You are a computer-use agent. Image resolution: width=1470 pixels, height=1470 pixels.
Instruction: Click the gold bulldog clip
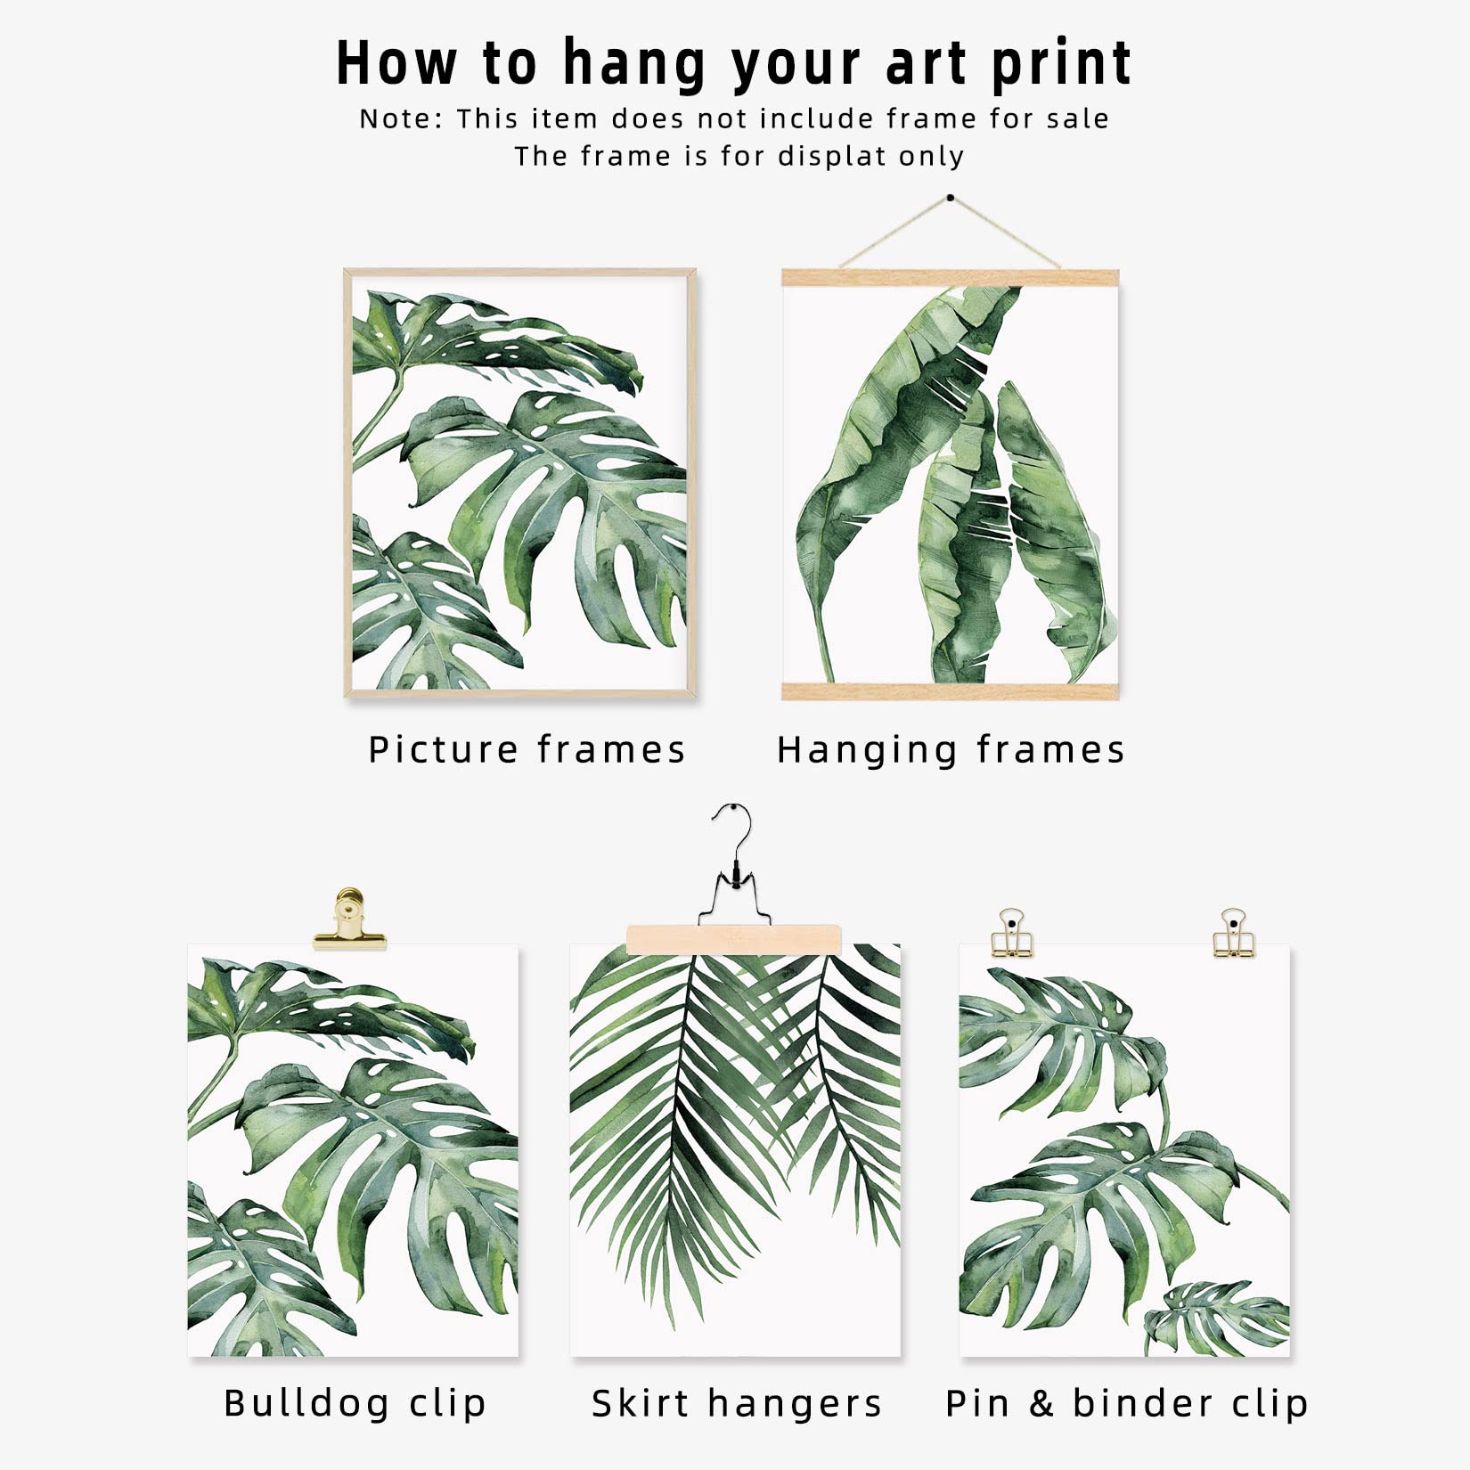pyautogui.click(x=349, y=919)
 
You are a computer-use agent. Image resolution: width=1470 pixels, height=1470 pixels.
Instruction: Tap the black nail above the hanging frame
pyautogui.click(x=951, y=197)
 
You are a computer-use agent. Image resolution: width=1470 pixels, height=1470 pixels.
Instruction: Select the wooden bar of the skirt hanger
pyautogui.click(x=733, y=939)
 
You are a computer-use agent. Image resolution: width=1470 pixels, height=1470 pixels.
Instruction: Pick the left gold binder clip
pyautogui.click(x=1010, y=934)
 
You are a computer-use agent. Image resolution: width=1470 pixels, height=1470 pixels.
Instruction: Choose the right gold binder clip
pyautogui.click(x=1233, y=934)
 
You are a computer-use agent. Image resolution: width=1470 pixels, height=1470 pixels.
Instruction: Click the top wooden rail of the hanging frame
pyautogui.click(x=950, y=277)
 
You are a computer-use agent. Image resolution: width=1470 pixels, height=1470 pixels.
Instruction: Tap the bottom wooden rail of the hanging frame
pyautogui.click(x=950, y=691)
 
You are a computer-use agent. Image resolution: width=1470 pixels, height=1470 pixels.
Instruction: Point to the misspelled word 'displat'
pyautogui.click(x=831, y=156)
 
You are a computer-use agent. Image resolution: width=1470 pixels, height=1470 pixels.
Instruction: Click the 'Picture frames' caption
pyautogui.click(x=527, y=749)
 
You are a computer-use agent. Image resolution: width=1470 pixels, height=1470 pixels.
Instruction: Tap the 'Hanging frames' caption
pyautogui.click(x=951, y=750)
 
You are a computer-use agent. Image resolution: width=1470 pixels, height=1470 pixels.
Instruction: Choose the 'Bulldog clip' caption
pyautogui.click(x=355, y=1403)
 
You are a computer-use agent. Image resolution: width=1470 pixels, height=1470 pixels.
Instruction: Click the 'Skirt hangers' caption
pyautogui.click(x=737, y=1403)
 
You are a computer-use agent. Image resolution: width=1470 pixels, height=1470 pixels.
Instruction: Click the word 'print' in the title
pyautogui.click(x=1060, y=65)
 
